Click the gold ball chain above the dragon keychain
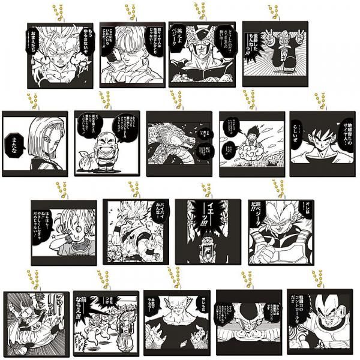175,99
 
